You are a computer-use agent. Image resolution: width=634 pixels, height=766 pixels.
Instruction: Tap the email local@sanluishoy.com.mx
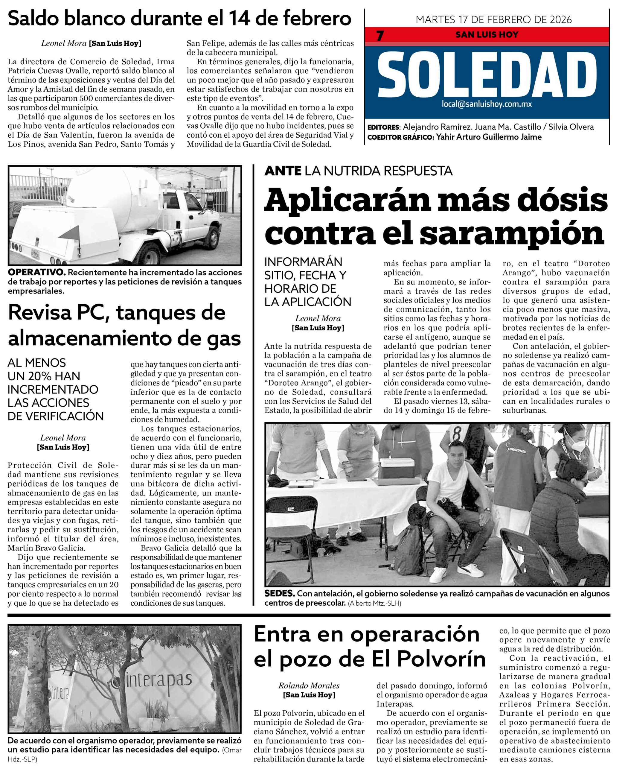coord(486,104)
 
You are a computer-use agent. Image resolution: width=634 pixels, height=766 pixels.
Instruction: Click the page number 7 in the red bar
coord(380,36)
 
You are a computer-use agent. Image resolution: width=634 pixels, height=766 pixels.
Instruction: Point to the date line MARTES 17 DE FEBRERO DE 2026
coord(494,19)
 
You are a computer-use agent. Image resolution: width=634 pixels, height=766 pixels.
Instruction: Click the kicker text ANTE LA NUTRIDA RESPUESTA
coord(358,171)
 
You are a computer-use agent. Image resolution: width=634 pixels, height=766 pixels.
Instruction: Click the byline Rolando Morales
coord(309,686)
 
